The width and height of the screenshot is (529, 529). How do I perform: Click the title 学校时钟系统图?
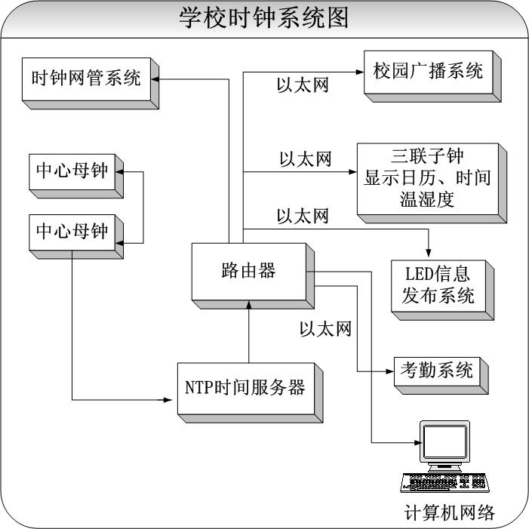coord(264,18)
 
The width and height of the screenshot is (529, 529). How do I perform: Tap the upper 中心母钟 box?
coord(72,171)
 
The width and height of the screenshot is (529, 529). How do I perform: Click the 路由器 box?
coord(248,270)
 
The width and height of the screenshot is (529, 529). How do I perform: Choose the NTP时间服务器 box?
coord(245,388)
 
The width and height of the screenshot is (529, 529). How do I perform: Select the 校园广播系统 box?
coord(428,72)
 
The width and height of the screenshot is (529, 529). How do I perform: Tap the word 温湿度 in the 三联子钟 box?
coord(428,199)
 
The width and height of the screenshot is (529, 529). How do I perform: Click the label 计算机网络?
coord(450,513)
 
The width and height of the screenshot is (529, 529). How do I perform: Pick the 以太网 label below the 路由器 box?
coord(325,329)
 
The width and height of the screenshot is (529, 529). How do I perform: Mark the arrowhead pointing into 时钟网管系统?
coord(154,76)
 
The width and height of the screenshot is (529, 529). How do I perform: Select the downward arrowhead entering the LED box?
coord(429,254)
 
